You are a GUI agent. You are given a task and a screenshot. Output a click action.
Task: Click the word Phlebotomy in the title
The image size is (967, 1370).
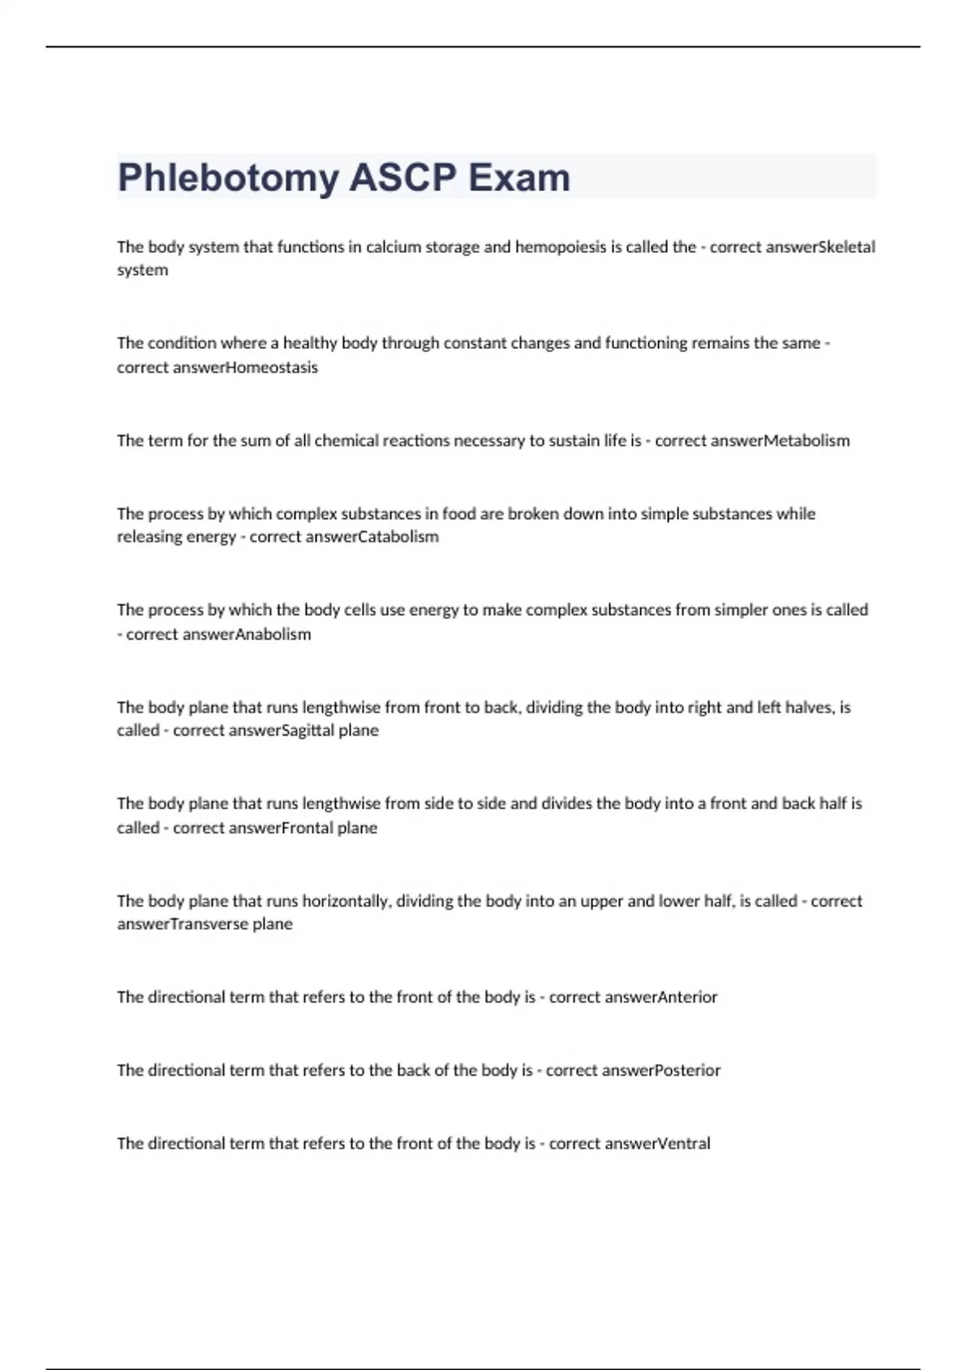tap(228, 178)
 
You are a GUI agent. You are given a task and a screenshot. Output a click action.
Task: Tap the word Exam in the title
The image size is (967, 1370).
tap(519, 177)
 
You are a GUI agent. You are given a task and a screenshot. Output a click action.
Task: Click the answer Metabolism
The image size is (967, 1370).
tap(807, 441)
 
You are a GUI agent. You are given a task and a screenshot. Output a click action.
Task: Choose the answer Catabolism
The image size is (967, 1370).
tap(398, 537)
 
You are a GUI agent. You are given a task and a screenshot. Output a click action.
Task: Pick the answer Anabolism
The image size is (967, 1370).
tap(273, 634)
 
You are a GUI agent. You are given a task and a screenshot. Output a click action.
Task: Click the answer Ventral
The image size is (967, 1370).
tap(684, 1144)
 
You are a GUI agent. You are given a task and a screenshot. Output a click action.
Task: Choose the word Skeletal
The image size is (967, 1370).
tap(846, 247)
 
